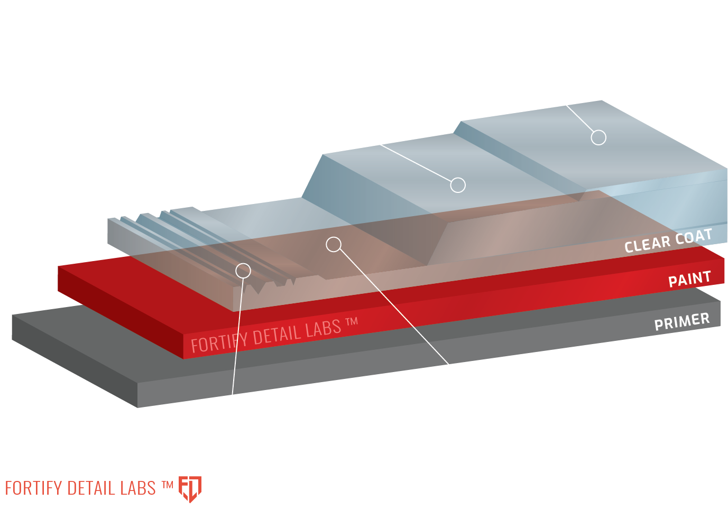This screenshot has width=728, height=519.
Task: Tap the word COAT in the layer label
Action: click(x=693, y=237)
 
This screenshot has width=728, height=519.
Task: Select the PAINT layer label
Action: click(x=689, y=279)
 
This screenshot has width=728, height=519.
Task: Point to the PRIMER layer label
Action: click(x=681, y=321)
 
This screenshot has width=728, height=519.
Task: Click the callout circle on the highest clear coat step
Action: click(x=598, y=137)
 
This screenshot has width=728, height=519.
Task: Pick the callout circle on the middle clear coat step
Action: click(x=458, y=185)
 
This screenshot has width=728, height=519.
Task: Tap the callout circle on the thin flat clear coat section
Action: click(x=334, y=244)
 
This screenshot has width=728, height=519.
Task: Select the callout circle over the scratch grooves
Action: click(x=243, y=271)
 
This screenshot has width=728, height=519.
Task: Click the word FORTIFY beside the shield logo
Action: click(x=33, y=488)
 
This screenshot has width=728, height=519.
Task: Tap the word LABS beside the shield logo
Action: click(x=138, y=488)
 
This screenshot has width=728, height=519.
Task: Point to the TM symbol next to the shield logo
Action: click(x=167, y=484)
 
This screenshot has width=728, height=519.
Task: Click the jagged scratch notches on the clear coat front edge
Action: click(x=264, y=287)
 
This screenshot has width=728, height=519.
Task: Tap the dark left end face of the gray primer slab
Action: click(x=74, y=359)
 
